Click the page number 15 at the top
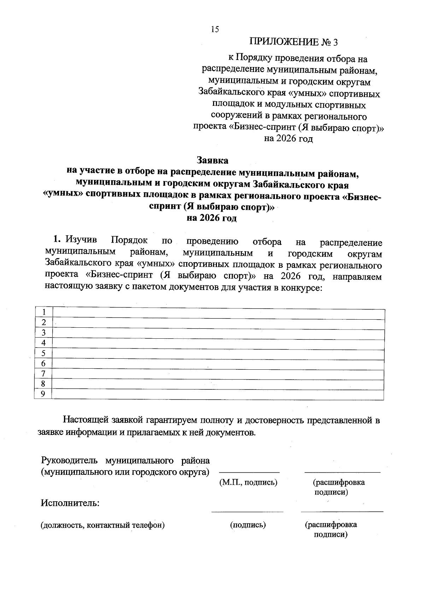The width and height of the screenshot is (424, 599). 215,29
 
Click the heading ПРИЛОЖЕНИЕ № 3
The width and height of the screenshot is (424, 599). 294,42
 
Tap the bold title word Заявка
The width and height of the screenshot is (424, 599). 212,160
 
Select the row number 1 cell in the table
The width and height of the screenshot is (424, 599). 43,312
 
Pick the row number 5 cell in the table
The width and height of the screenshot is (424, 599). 43,353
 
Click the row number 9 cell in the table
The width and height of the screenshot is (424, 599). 43,394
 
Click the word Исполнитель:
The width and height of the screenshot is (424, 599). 70,502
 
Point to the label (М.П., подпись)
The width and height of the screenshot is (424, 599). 248,482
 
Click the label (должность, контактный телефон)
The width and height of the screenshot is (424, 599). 103,525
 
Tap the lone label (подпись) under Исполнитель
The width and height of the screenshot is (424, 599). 248,525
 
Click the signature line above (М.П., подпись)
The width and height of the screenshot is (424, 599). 249,472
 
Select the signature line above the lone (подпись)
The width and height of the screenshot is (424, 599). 247,511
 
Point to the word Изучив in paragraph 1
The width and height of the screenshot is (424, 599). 81,241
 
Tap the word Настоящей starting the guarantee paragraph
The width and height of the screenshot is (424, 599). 86,420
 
